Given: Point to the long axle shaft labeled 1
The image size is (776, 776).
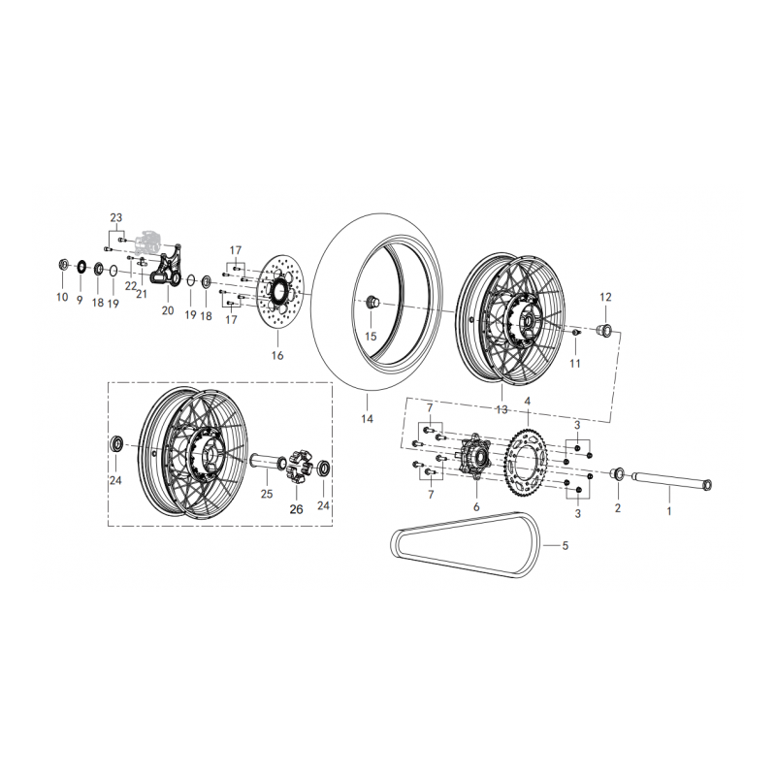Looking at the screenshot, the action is pyautogui.click(x=670, y=481).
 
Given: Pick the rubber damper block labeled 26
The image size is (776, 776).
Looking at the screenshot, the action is pyautogui.click(x=297, y=467).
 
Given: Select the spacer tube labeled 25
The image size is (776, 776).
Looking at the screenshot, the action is pyautogui.click(x=268, y=462).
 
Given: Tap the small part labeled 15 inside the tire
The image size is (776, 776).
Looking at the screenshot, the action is pyautogui.click(x=372, y=301).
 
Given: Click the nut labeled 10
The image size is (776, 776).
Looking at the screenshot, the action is pyautogui.click(x=63, y=265).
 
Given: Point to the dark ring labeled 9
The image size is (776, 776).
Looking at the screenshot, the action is pyautogui.click(x=81, y=266).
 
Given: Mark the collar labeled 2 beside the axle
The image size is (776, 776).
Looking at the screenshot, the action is pyautogui.click(x=617, y=473).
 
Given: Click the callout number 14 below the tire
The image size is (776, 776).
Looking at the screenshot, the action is pyautogui.click(x=367, y=419).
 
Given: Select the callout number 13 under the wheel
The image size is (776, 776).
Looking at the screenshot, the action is pyautogui.click(x=501, y=409).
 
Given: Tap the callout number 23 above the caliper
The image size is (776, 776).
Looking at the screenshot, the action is pyautogui.click(x=115, y=217).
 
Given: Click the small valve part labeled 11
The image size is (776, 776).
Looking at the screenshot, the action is pyautogui.click(x=575, y=332).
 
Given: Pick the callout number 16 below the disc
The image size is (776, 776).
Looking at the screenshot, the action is pyautogui.click(x=277, y=355).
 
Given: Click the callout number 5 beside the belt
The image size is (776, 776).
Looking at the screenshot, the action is pyautogui.click(x=565, y=546).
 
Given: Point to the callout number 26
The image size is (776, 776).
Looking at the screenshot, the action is pyautogui.click(x=296, y=509).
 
